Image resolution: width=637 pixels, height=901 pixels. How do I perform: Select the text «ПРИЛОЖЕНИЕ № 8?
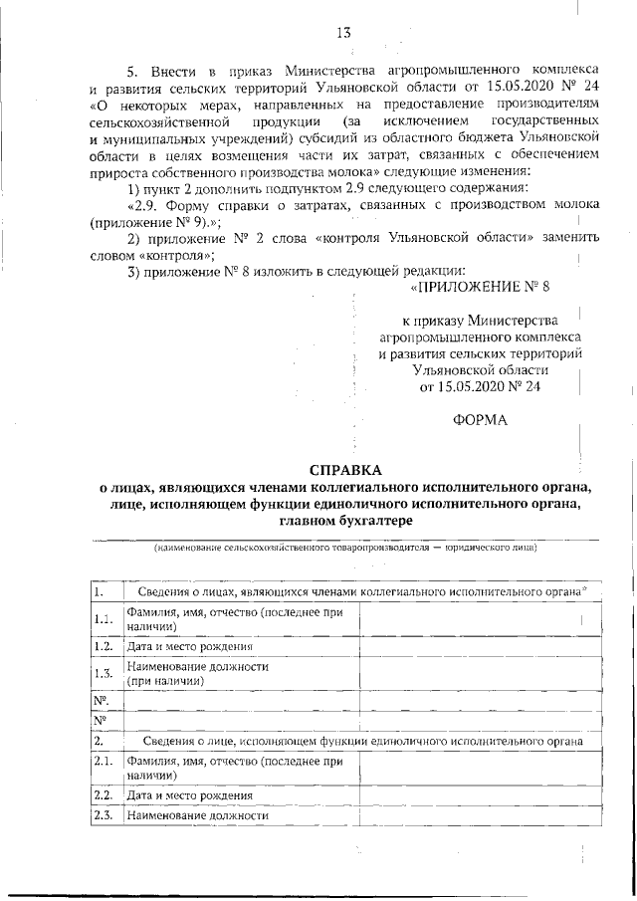479,287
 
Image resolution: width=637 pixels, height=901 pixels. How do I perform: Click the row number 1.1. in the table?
102,619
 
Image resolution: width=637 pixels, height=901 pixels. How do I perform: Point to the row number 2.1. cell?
102,768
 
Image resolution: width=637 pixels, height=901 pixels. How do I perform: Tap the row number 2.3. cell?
102,815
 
